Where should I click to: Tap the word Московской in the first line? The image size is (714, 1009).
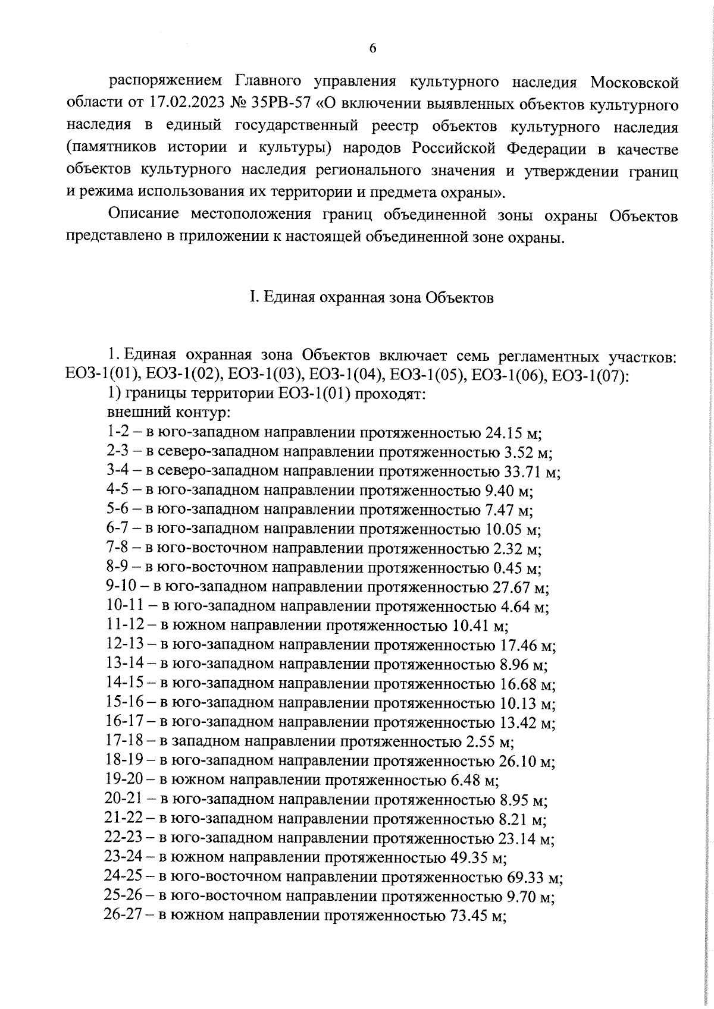point(634,82)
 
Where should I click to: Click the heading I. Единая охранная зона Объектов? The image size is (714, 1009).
point(371,297)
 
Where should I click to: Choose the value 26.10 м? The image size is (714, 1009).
point(525,761)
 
